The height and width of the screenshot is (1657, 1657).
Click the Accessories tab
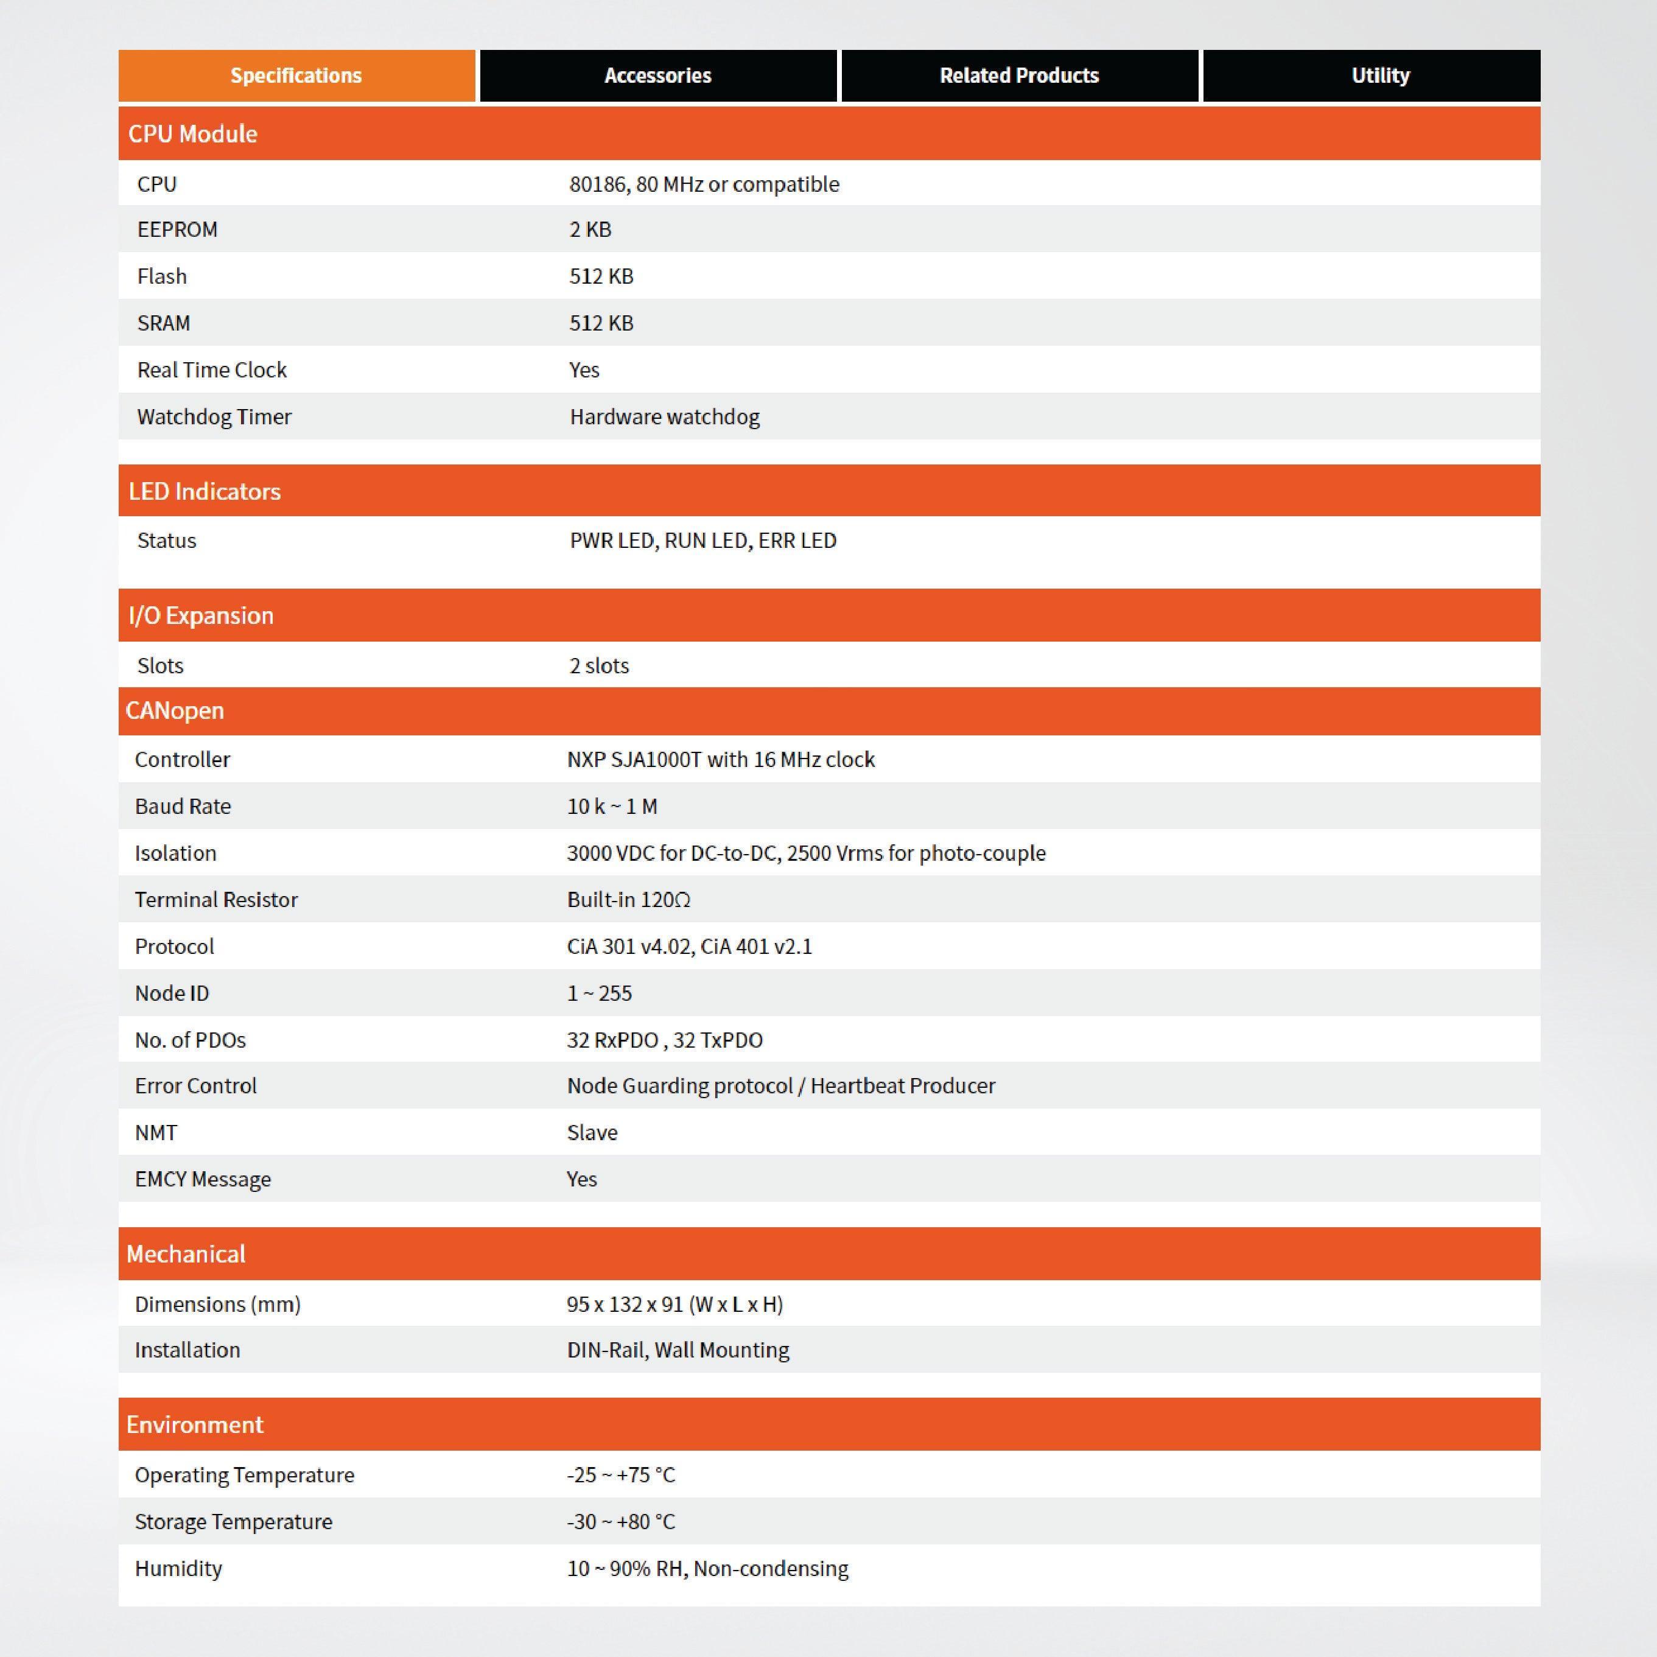tap(658, 75)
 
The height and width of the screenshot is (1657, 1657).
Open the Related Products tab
tap(1019, 75)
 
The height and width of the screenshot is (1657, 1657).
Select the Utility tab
tap(1380, 75)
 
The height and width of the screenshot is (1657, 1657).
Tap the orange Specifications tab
tap(296, 75)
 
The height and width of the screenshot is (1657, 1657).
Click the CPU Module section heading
tap(193, 134)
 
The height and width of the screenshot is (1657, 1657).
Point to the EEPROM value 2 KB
tap(590, 230)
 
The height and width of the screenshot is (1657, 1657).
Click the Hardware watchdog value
tap(665, 417)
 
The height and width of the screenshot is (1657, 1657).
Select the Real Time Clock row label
tap(212, 370)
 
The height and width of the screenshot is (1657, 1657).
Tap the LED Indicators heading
tap(204, 491)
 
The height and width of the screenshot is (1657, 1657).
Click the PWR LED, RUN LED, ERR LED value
tap(702, 541)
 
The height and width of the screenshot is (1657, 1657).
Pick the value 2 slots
tap(598, 665)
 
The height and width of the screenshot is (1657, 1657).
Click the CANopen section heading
tap(175, 711)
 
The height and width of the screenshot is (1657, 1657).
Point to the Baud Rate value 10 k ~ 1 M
tap(612, 806)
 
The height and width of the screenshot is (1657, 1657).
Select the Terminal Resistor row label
tap(216, 900)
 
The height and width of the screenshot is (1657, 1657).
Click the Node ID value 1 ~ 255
tap(598, 993)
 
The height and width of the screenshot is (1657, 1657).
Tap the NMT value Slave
tap(592, 1132)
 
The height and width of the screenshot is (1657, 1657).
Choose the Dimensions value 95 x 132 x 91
tap(674, 1305)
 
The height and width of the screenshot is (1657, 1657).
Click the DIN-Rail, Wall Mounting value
tap(678, 1350)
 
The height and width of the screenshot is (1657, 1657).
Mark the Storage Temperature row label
tap(233, 1521)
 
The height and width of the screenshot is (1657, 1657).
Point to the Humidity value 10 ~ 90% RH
tap(707, 1569)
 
